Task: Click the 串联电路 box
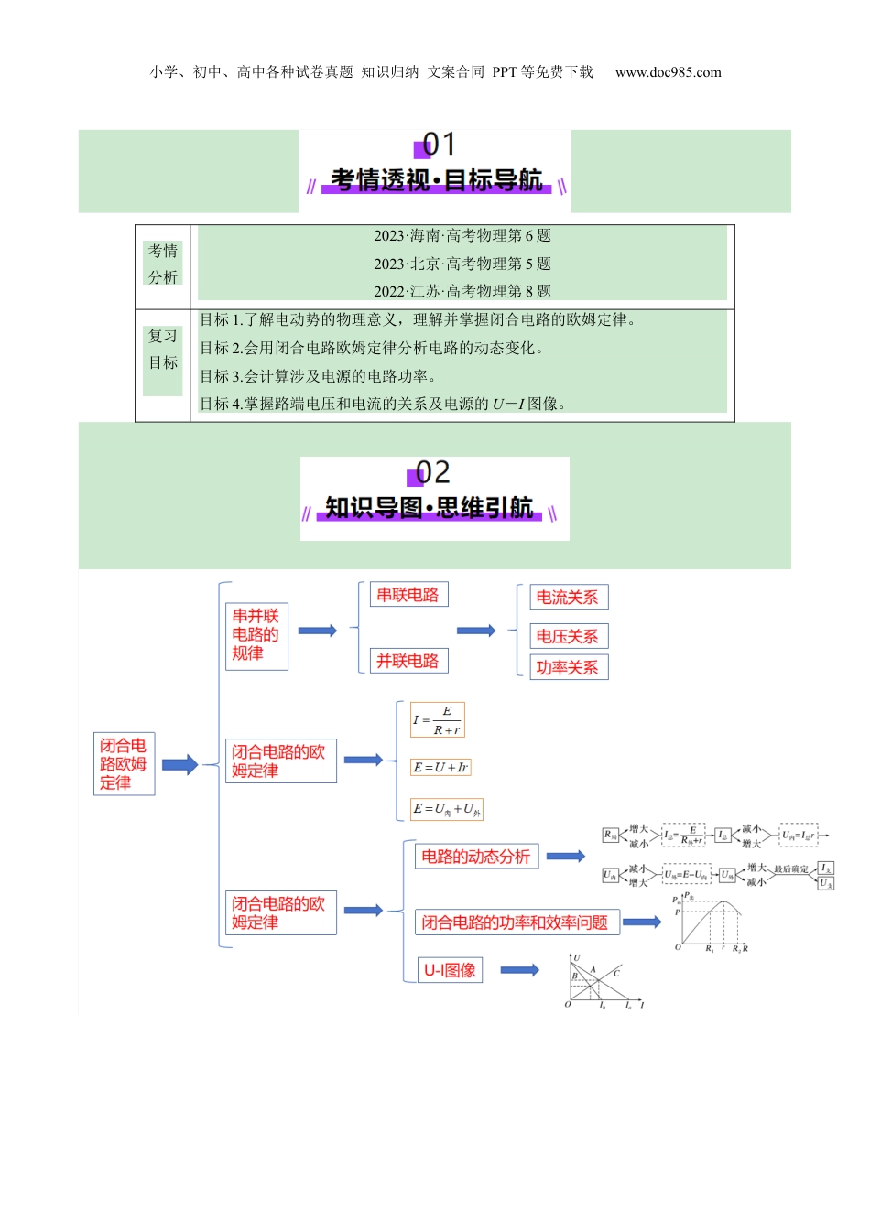pyautogui.click(x=408, y=595)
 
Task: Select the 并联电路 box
pyautogui.click(x=408, y=661)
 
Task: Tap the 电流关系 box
pyautogui.click(x=568, y=598)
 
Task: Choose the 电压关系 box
pyautogui.click(x=568, y=636)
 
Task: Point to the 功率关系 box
pyautogui.click(x=568, y=667)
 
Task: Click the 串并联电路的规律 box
pyautogui.click(x=256, y=635)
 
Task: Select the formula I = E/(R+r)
pyautogui.click(x=438, y=720)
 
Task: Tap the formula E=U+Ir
pyautogui.click(x=440, y=768)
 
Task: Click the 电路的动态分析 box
pyautogui.click(x=476, y=857)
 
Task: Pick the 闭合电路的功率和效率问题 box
pyautogui.click(x=517, y=922)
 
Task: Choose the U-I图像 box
pyautogui.click(x=451, y=970)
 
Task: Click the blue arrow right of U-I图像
pyautogui.click(x=519, y=970)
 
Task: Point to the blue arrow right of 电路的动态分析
pyautogui.click(x=565, y=857)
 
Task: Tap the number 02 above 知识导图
pyautogui.click(x=432, y=472)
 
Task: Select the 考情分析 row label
pyautogui.click(x=163, y=264)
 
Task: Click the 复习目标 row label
pyautogui.click(x=163, y=350)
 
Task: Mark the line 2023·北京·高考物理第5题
pyautogui.click(x=462, y=264)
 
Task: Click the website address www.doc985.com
pyautogui.click(x=668, y=72)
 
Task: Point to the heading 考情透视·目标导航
pyautogui.click(x=436, y=180)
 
